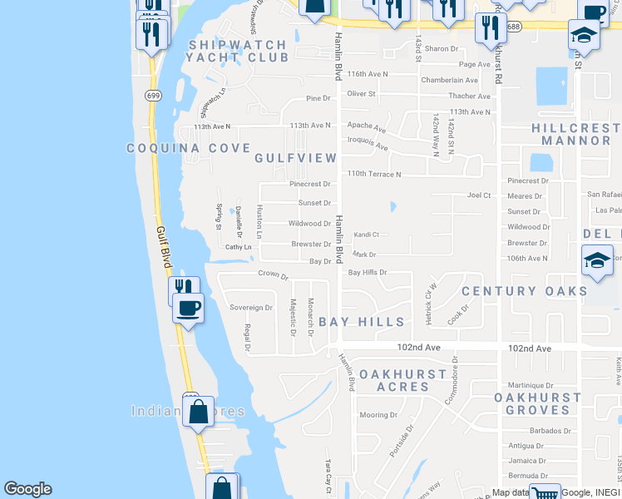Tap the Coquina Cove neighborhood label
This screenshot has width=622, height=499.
pos(188,148)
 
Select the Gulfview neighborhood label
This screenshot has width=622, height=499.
pos(295,158)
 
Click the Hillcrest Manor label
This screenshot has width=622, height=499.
pos(575,135)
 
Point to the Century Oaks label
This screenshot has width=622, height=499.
pos(524,290)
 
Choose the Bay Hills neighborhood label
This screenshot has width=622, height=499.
pos(362,322)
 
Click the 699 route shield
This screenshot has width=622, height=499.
pos(152,96)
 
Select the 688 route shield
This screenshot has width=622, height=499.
pos(513,27)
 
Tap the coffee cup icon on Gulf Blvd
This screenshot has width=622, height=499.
pos(187,309)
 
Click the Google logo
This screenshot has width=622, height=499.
pos(27,489)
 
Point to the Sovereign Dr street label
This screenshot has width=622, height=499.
pos(251,308)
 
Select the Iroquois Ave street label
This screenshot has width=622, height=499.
pos(368,143)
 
